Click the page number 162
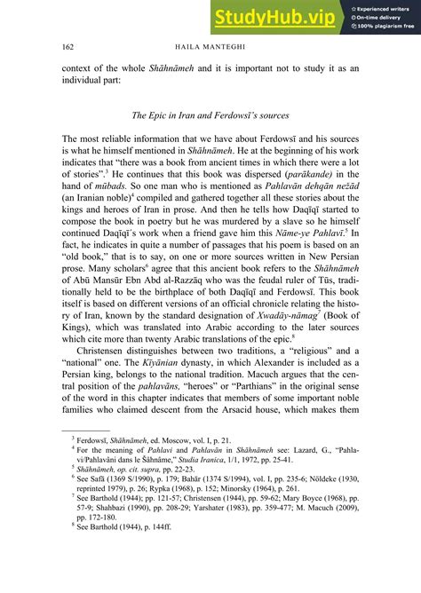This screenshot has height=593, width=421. pos(68,46)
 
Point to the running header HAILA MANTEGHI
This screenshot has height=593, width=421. pos(210,46)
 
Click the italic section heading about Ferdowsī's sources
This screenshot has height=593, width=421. pos(210,115)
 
